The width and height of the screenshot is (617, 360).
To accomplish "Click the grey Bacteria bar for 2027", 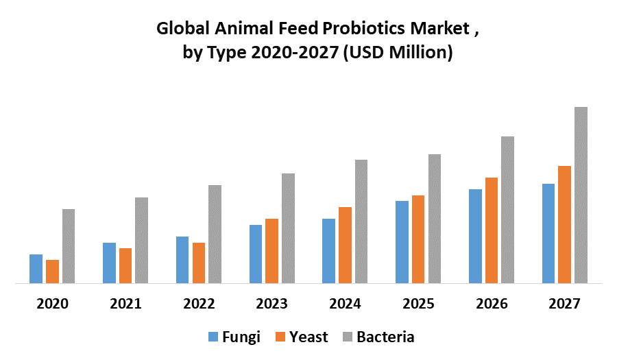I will pyautogui.click(x=581, y=195).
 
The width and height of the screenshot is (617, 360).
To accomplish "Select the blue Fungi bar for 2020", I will pyautogui.click(x=36, y=268).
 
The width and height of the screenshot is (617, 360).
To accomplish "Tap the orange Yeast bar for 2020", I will pyautogui.click(x=52, y=271).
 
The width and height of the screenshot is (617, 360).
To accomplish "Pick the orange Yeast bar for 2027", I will pyautogui.click(x=564, y=224).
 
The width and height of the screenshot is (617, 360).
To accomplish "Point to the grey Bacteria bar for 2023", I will pyautogui.click(x=288, y=228).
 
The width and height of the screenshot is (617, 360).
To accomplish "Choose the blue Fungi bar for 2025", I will pyautogui.click(x=402, y=241).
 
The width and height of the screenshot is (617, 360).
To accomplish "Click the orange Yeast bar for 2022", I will pyautogui.click(x=199, y=263).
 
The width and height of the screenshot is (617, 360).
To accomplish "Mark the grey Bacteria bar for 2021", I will pyautogui.click(x=141, y=240).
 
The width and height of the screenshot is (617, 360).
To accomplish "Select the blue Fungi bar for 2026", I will pyautogui.click(x=475, y=236).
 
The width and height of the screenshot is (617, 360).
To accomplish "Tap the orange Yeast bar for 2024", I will pyautogui.click(x=345, y=245).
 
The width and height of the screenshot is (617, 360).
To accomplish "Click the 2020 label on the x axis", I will pyautogui.click(x=52, y=303).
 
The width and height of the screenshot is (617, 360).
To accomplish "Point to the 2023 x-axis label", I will pyautogui.click(x=272, y=303).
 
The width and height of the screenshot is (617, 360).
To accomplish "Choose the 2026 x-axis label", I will pyautogui.click(x=492, y=303).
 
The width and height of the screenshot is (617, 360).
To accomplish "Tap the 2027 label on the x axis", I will pyautogui.click(x=564, y=303).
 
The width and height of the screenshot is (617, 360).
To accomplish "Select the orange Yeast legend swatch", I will pyautogui.click(x=279, y=337).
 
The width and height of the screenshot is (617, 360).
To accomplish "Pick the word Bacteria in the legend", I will pyautogui.click(x=385, y=337).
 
